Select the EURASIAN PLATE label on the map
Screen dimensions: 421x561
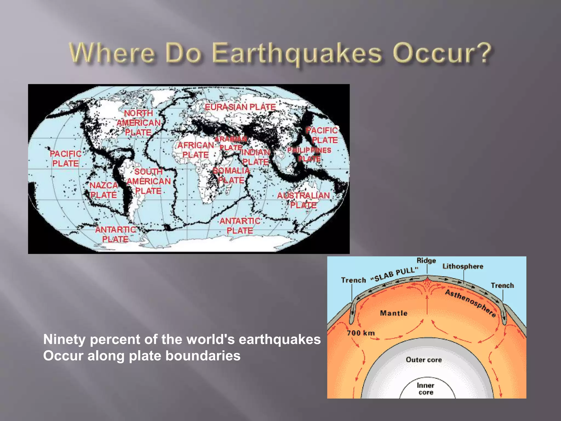[240, 107]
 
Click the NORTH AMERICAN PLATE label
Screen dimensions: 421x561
[139, 123]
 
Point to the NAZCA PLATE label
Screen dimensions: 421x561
[104, 190]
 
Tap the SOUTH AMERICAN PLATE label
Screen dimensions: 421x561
[148, 181]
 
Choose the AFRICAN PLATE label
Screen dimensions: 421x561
[196, 150]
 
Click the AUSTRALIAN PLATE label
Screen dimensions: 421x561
[303, 200]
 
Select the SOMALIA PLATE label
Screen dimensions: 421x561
[231, 175]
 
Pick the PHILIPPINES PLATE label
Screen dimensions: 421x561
[309, 154]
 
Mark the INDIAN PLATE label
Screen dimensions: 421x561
[256, 157]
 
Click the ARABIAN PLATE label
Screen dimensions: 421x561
[231, 143]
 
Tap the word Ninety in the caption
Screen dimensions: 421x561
[64, 339]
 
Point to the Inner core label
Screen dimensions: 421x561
[425, 389]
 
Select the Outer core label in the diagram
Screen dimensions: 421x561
[424, 360]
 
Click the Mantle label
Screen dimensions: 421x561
[394, 313]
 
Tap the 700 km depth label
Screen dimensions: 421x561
[361, 333]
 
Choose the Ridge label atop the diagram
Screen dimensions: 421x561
[426, 260]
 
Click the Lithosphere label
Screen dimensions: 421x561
[463, 266]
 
